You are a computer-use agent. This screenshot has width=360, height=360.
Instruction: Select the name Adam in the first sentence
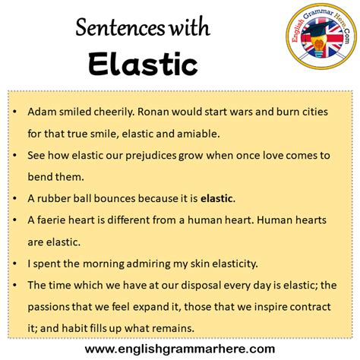[x=42, y=111]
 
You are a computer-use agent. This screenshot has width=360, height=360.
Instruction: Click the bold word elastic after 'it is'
[x=217, y=199]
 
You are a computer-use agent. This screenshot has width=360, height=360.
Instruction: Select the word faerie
[x=55, y=221]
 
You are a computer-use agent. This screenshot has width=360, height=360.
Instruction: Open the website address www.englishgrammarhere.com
[x=179, y=349]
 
